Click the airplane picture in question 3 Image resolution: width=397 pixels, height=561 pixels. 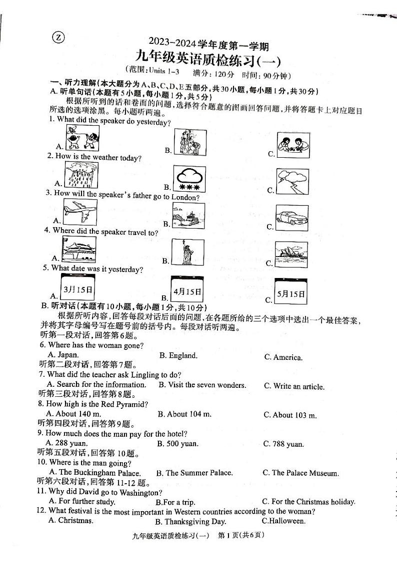80,211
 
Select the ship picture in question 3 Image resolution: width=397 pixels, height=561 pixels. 188,216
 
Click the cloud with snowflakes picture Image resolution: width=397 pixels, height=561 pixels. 189,179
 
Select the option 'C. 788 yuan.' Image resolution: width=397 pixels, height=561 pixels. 283,444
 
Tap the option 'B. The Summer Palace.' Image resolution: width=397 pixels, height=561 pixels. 194,473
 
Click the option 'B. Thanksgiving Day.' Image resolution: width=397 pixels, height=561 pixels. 190,522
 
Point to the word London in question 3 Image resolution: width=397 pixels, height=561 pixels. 185,197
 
